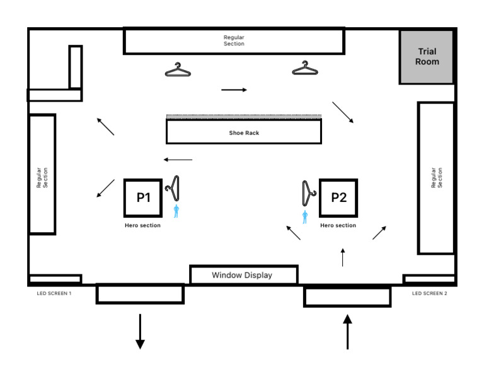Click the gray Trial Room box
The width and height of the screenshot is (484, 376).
[426, 57]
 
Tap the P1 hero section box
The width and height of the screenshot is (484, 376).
[144, 197]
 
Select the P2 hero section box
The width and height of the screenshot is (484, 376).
[339, 197]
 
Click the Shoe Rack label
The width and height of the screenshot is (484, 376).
[243, 133]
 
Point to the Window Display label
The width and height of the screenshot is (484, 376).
[242, 275]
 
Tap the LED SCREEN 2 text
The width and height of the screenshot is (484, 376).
[429, 293]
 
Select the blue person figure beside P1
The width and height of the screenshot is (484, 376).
[176, 211]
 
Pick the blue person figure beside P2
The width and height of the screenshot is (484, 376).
[305, 218]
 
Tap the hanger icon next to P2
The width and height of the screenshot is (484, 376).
[308, 192]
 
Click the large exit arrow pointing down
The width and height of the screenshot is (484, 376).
[140, 331]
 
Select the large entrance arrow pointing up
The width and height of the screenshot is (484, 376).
[347, 331]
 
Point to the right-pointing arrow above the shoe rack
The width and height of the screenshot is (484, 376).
[234, 90]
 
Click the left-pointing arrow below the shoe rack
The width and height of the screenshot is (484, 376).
[178, 160]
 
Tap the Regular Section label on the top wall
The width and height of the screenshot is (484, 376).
[234, 41]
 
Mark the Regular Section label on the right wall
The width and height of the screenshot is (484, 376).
[436, 178]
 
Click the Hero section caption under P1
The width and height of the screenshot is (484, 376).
[142, 226]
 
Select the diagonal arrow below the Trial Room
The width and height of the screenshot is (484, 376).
[343, 112]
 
